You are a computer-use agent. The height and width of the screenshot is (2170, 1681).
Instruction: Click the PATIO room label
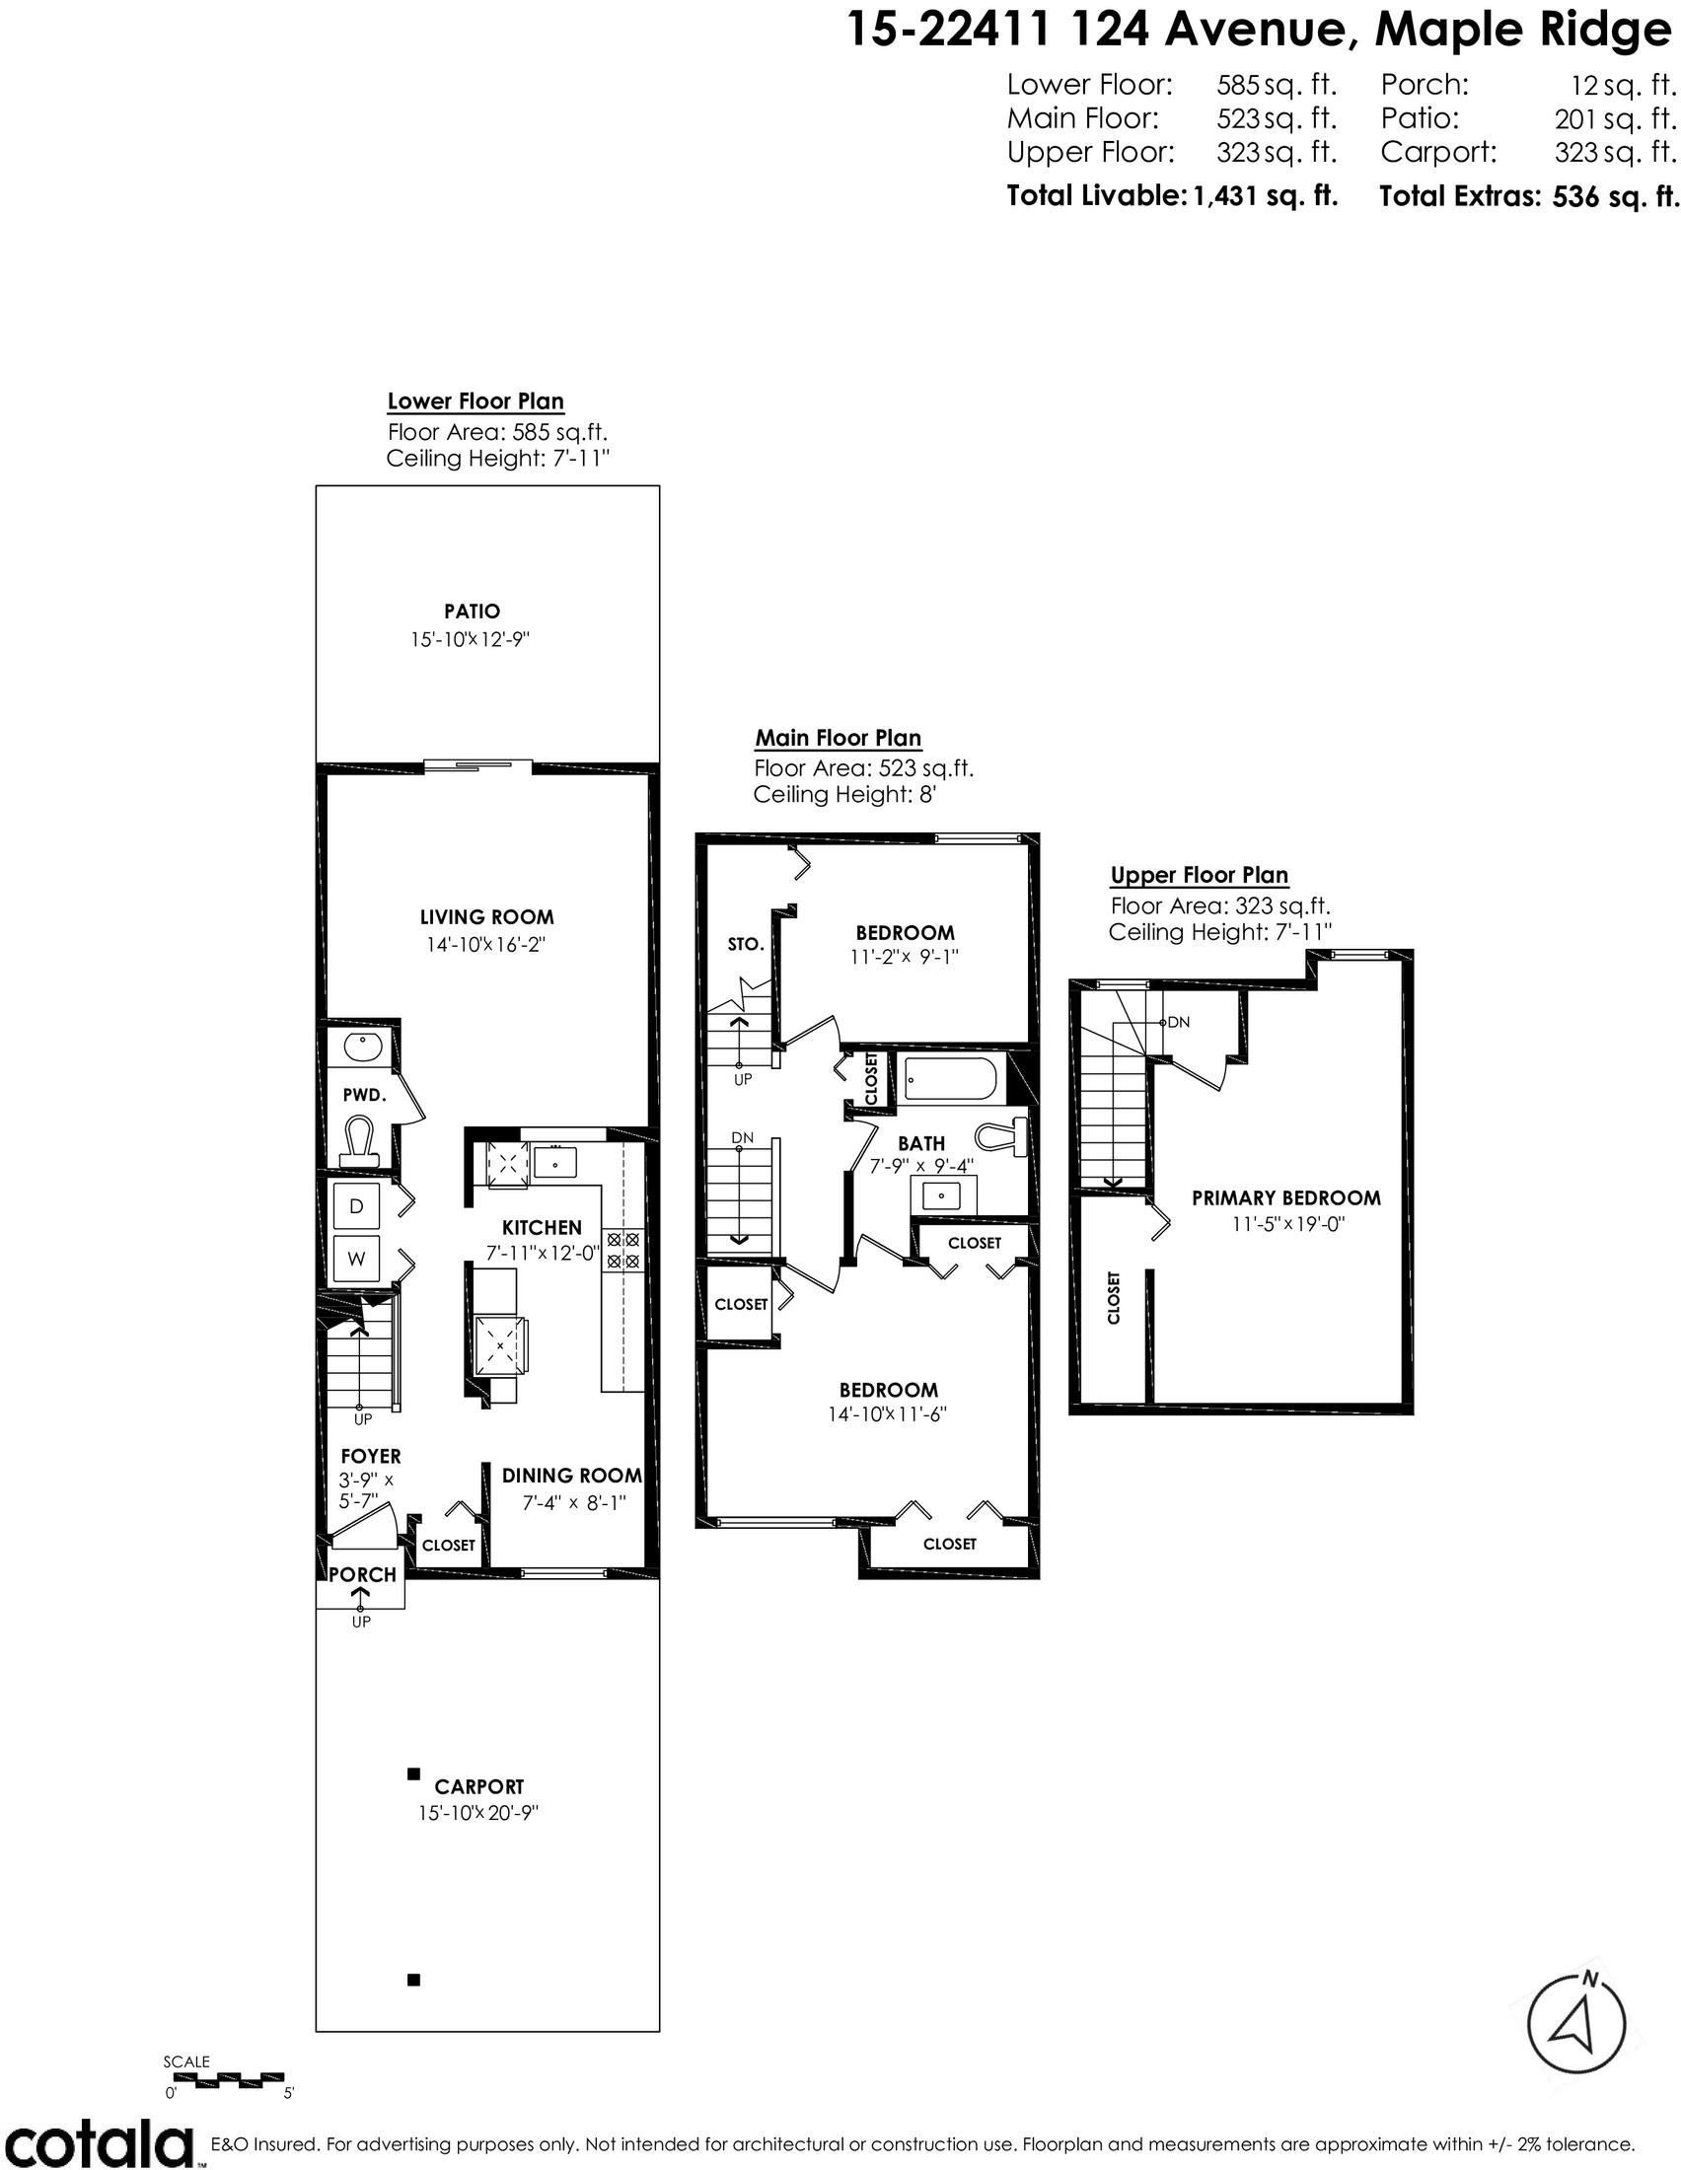[x=472, y=612]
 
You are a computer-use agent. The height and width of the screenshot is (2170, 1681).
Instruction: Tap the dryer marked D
[x=357, y=1206]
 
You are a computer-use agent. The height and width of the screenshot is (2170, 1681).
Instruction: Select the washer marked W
[x=357, y=1259]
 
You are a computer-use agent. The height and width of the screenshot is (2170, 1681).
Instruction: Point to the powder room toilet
[x=359, y=1142]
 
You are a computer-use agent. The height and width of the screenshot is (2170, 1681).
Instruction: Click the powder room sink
[x=362, y=1047]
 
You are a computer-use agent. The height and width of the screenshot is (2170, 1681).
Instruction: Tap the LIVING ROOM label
[x=486, y=917]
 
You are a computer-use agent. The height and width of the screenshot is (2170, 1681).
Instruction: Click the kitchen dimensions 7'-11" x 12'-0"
[x=544, y=1254]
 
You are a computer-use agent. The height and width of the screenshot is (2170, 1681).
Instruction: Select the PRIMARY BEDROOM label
[x=1286, y=1198]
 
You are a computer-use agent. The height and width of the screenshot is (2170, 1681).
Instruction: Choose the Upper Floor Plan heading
[x=1200, y=875]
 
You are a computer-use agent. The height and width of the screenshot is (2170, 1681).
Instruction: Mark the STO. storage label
[x=745, y=944]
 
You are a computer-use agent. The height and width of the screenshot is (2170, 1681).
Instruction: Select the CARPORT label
[x=478, y=1786]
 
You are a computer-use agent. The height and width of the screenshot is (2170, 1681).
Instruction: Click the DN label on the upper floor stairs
[x=1178, y=1022]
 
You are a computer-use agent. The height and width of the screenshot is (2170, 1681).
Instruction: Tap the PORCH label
[x=363, y=1575]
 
